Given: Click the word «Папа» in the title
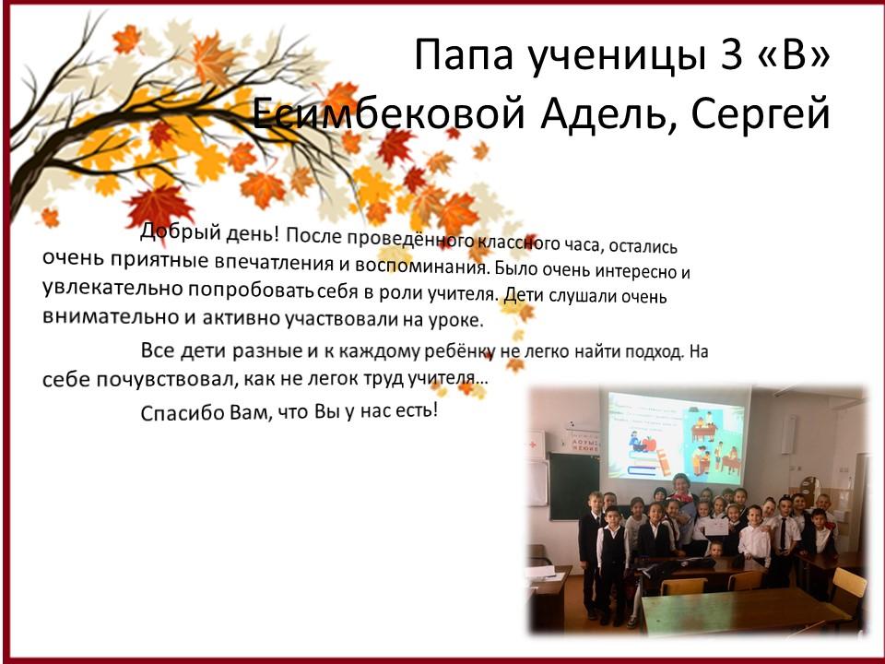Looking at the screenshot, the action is point(464,55).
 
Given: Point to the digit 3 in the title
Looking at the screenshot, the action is point(731,54).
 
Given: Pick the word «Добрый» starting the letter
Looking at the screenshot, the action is point(181,231).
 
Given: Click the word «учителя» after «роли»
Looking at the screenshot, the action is point(461,293).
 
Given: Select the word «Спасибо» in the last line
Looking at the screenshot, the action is point(183,413).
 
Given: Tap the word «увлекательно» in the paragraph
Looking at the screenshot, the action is point(112,288).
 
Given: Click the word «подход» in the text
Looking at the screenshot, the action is point(651,351).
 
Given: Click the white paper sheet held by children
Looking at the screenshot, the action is point(716,528).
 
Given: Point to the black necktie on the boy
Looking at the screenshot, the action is point(783,534).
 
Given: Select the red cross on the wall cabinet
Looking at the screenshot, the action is point(532,445).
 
